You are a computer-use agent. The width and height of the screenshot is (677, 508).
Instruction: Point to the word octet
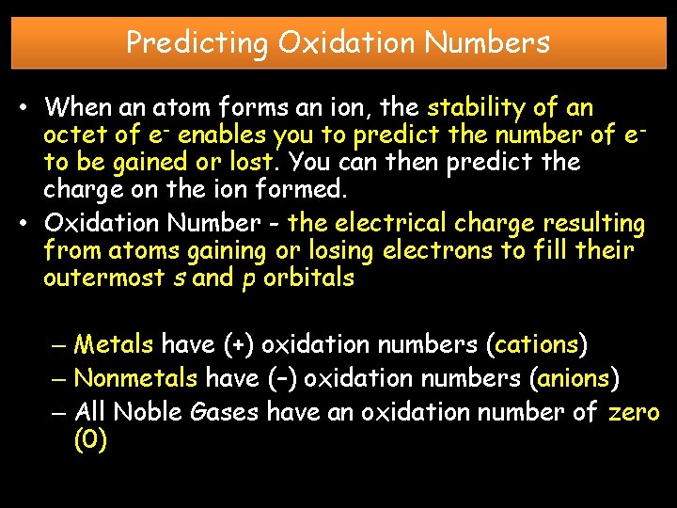[x=73, y=135]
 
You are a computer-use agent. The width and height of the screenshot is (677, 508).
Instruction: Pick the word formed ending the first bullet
[x=306, y=189]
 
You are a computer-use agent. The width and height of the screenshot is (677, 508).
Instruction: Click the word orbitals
[x=311, y=278]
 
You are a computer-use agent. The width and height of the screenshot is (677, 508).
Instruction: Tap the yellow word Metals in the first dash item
[x=113, y=345]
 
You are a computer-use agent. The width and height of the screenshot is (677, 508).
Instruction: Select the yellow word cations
[x=536, y=345]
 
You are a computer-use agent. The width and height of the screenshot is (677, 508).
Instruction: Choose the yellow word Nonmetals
[x=135, y=378]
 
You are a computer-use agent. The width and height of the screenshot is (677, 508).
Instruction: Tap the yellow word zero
[x=634, y=411]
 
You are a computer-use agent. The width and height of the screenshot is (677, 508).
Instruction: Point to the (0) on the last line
[x=90, y=440]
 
